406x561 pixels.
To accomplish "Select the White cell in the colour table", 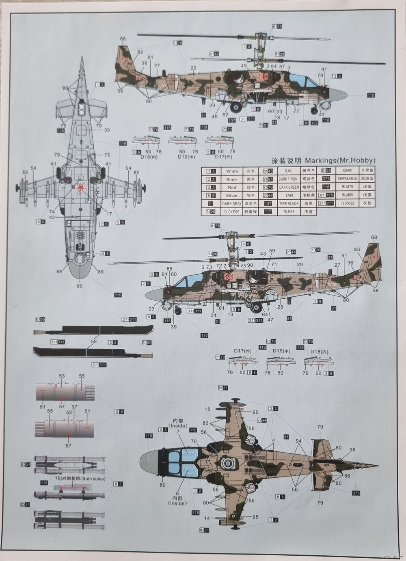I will [x=232, y=171].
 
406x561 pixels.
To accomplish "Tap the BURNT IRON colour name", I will [x=289, y=179].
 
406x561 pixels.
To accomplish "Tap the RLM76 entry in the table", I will [x=289, y=212].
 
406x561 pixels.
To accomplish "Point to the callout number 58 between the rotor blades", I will [x=94, y=342].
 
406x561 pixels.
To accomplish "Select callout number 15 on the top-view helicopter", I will [x=208, y=409].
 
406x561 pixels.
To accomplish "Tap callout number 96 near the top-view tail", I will [x=352, y=449].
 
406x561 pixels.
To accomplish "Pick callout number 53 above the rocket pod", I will [x=62, y=376].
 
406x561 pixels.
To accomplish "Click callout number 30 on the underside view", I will [x=107, y=130].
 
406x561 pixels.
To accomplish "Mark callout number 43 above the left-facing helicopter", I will [x=263, y=254].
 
